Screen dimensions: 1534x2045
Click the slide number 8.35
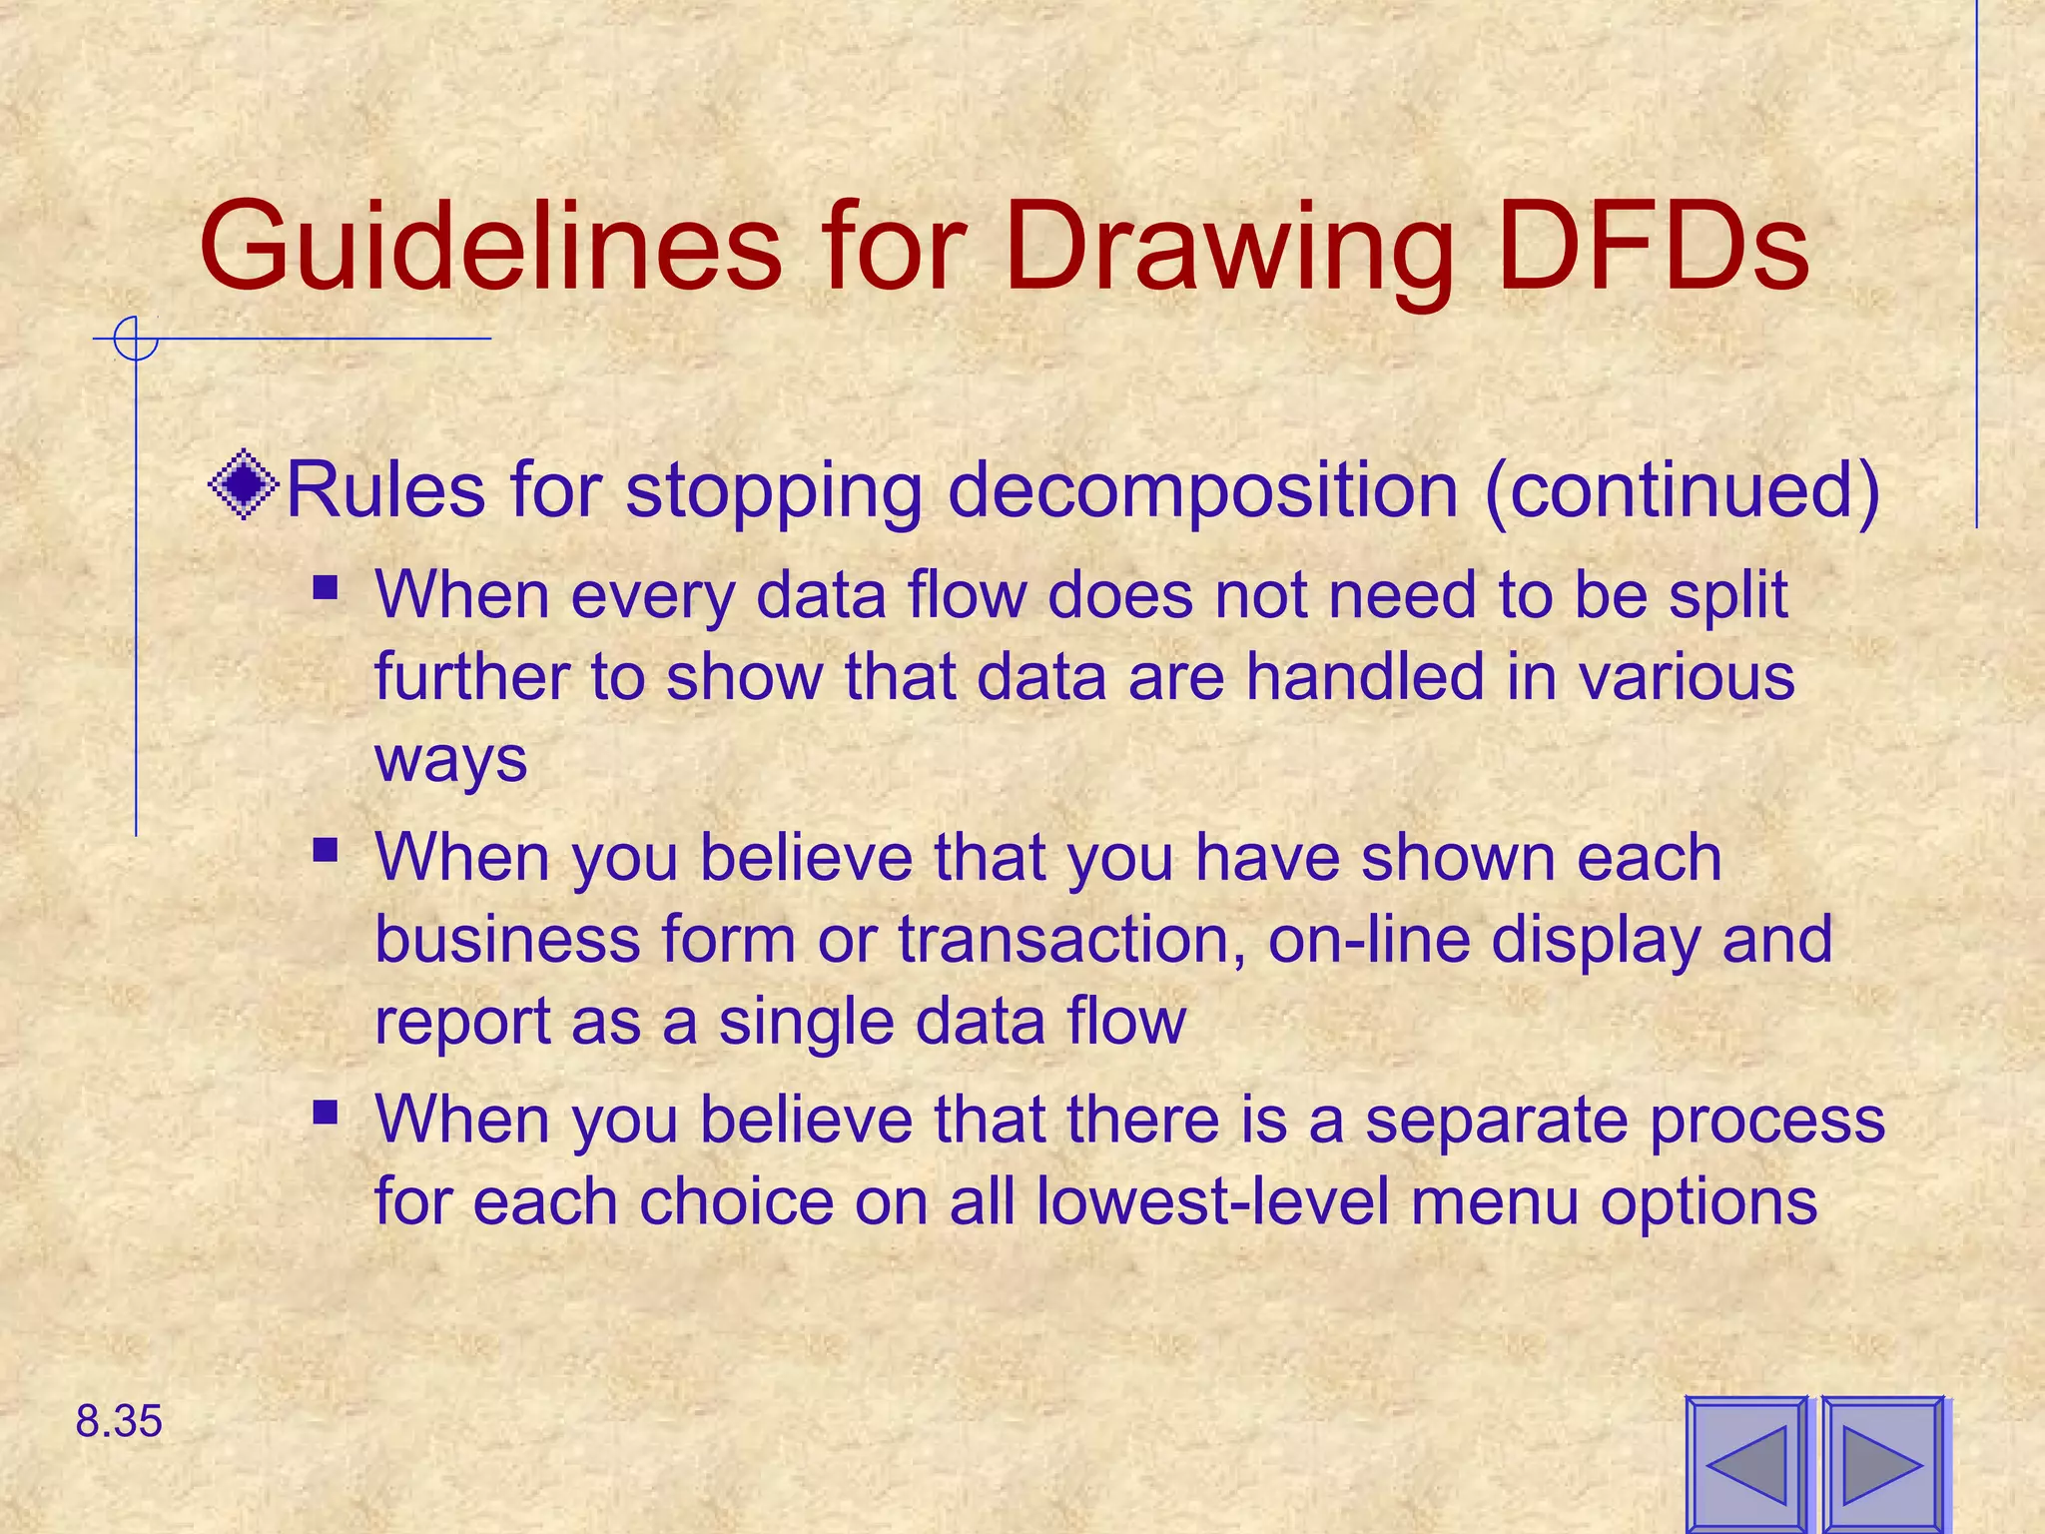(x=119, y=1421)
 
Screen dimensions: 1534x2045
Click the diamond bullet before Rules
(x=244, y=486)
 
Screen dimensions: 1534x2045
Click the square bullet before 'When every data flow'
(x=326, y=586)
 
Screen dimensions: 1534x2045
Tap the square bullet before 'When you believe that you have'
(x=326, y=850)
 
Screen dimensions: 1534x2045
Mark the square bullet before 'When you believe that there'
(x=326, y=1112)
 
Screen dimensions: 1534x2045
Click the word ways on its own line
(x=450, y=761)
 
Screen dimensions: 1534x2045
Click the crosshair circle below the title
(x=136, y=339)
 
